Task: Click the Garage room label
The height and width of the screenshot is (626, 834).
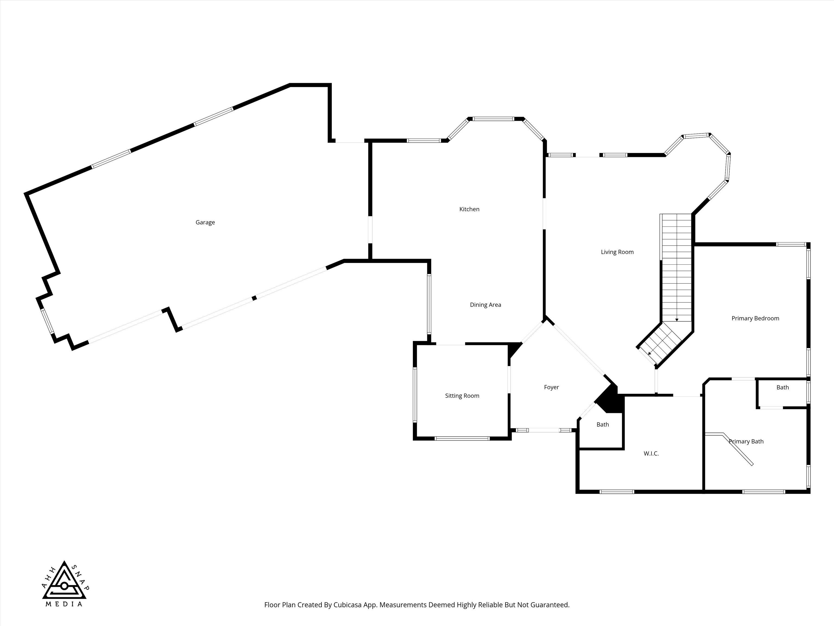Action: [x=205, y=222]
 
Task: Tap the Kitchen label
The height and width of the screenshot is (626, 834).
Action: [x=469, y=209]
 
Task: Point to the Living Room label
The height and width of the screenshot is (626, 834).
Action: [x=617, y=252]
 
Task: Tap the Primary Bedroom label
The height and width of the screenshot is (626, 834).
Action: [x=755, y=318]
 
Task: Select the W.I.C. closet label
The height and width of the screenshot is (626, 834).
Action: [x=651, y=453]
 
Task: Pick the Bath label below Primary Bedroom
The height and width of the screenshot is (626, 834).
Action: [x=782, y=387]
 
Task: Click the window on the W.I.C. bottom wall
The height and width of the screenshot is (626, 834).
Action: [x=617, y=492]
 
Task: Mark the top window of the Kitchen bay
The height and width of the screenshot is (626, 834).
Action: [x=494, y=119]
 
